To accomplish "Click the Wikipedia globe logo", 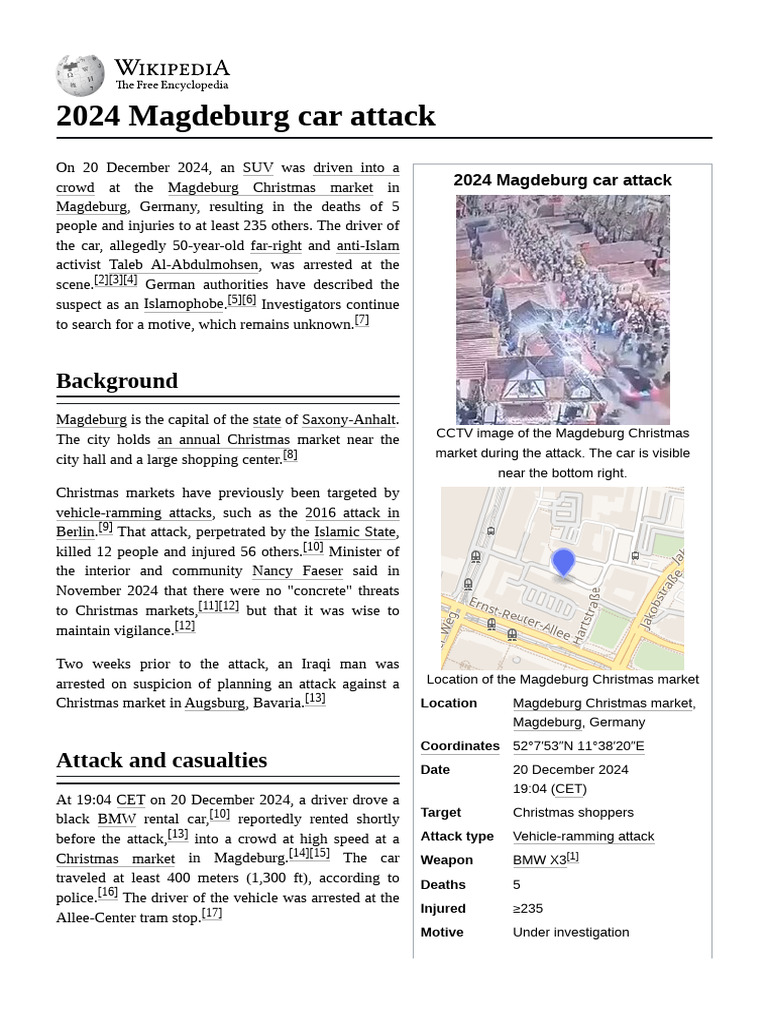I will click(80, 74).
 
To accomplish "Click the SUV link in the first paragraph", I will click(258, 168).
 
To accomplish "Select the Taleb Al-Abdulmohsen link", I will click(184, 265).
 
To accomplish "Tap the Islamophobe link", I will click(184, 304).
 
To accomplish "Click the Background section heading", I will click(117, 381).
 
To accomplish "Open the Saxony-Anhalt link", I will click(349, 420).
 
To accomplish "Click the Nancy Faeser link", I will click(297, 571).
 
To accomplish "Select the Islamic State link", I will click(355, 532).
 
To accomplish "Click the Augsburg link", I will click(215, 703).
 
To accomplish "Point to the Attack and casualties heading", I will click(161, 760).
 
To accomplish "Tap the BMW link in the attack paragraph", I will click(117, 819).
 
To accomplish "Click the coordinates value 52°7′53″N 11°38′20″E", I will click(578, 746).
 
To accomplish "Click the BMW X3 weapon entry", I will click(539, 860).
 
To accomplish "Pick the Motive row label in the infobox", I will click(442, 932).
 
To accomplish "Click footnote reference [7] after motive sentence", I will click(362, 321).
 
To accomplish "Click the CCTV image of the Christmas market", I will click(563, 310).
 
